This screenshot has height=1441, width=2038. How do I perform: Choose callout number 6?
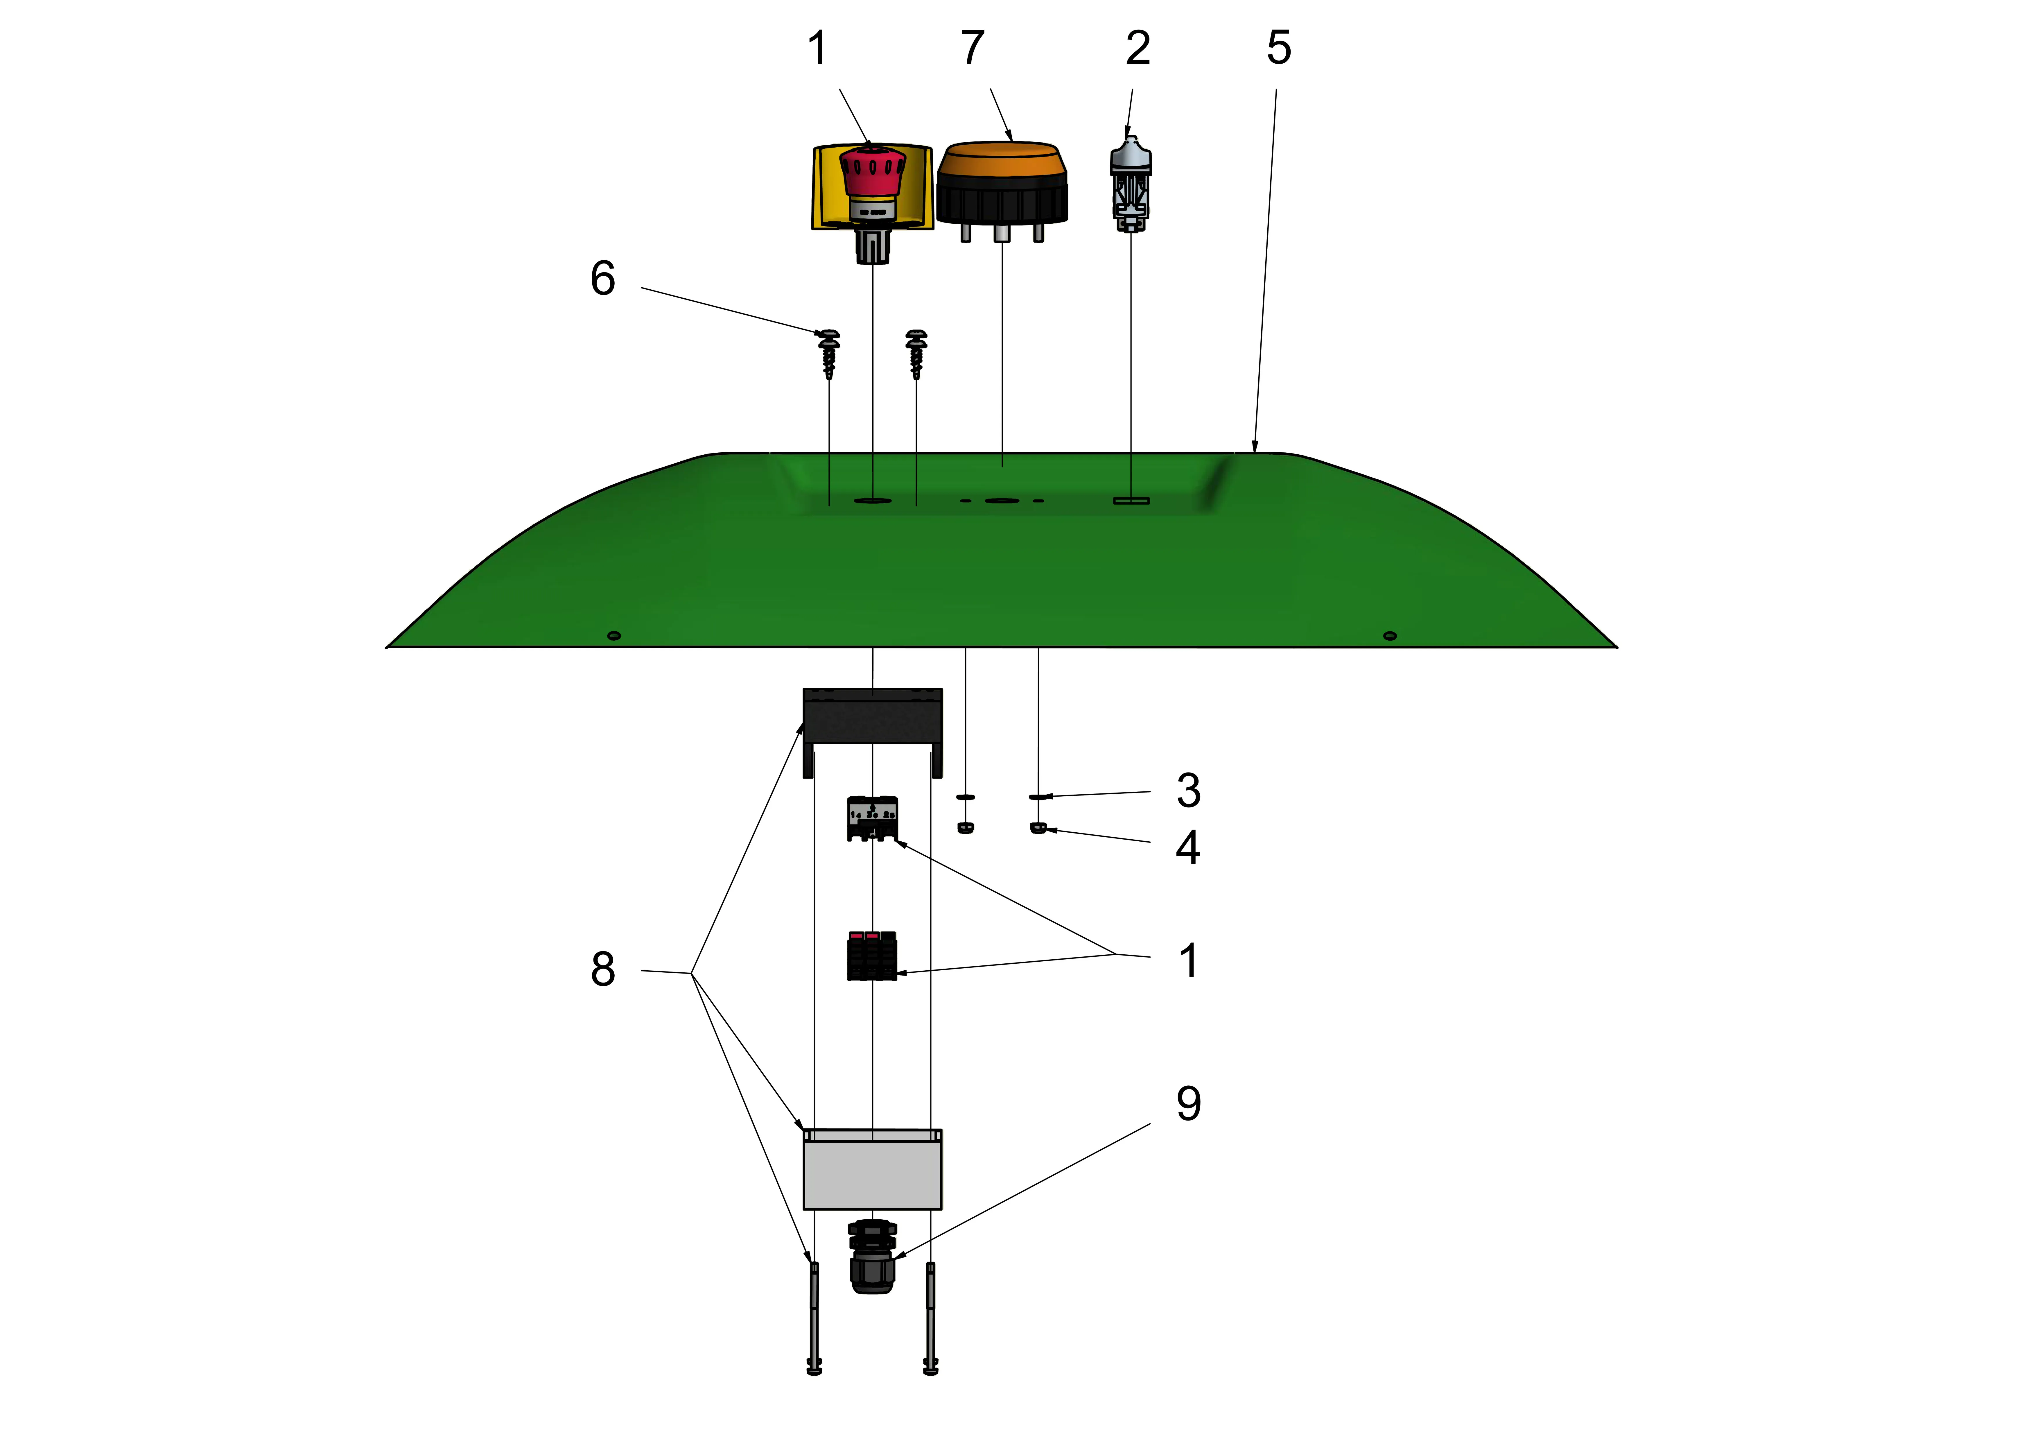603,279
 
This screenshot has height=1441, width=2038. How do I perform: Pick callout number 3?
1189,790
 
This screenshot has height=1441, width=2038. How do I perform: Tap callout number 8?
603,969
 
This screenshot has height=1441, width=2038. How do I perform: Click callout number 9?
1189,1104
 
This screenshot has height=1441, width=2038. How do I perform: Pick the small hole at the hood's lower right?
1390,636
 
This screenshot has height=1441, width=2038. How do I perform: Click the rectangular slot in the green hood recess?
1131,501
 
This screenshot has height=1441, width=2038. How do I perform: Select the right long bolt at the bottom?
930,1318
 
